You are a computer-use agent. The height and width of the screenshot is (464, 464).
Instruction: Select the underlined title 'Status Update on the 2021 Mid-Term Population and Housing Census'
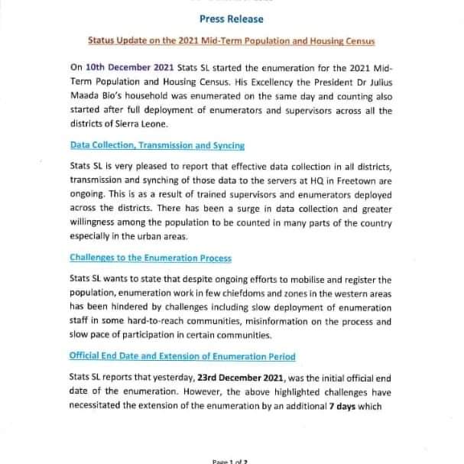[x=232, y=38]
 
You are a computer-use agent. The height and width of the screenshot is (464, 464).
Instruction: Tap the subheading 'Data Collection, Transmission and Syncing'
[x=148, y=144]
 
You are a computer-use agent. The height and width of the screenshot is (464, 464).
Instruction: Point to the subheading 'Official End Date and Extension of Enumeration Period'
[x=182, y=356]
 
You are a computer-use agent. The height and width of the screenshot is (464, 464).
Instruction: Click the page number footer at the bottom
[x=231, y=460]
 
